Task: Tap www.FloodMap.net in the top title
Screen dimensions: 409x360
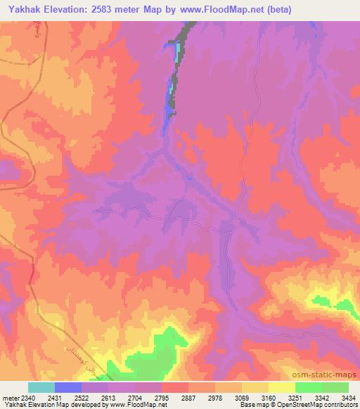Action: click(x=221, y=10)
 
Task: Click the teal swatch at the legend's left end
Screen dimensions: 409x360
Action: click(x=41, y=387)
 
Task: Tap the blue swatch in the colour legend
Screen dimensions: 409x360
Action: click(x=68, y=387)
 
